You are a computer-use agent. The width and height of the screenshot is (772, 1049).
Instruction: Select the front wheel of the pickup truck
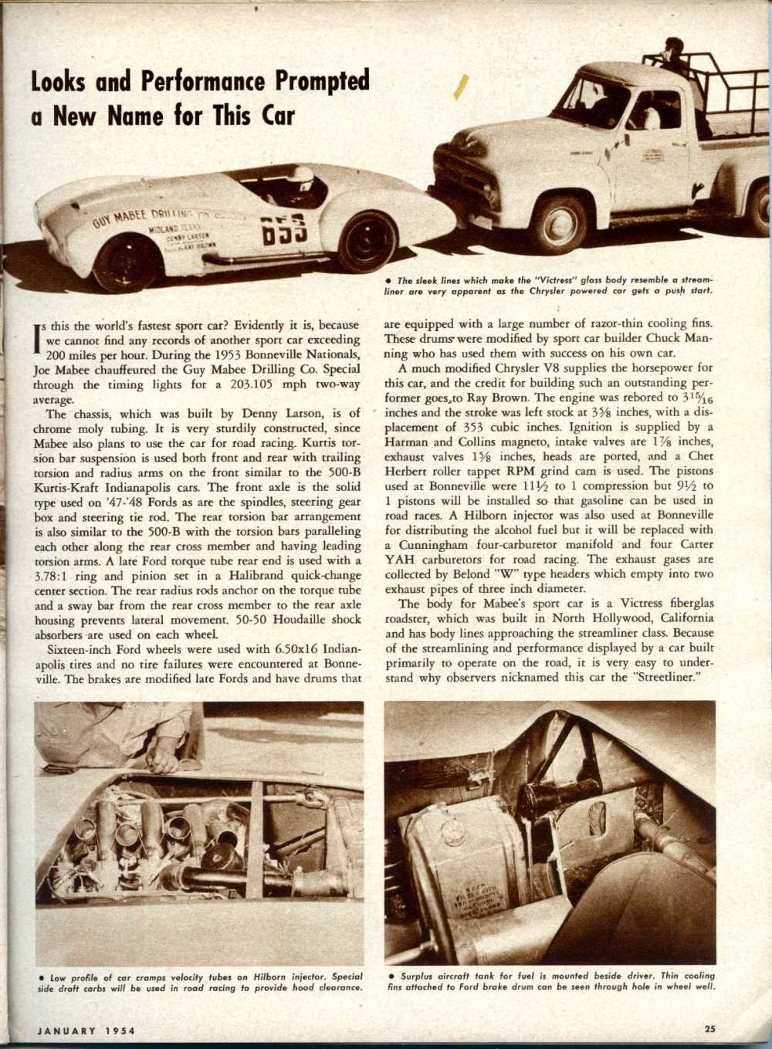click(x=557, y=223)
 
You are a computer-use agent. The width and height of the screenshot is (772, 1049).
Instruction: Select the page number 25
click(x=709, y=1027)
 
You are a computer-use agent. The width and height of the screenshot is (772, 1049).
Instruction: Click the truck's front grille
click(x=461, y=179)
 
